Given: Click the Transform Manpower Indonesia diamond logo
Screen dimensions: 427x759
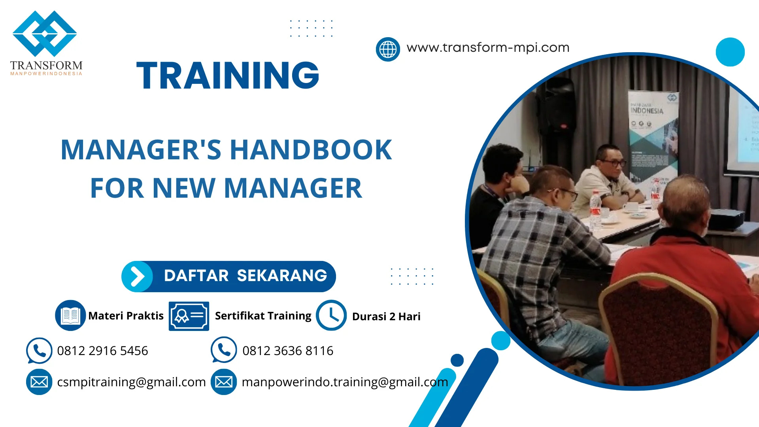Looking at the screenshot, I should [45, 34].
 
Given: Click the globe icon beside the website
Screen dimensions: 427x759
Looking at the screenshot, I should [387, 49].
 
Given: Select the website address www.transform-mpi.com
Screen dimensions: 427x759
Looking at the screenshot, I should [488, 48].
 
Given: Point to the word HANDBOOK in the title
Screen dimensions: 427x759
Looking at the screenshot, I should [311, 150].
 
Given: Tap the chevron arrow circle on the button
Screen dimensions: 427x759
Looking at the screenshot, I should [137, 276].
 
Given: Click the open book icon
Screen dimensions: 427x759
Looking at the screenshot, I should [70, 316].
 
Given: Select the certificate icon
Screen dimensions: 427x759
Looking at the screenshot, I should [189, 316].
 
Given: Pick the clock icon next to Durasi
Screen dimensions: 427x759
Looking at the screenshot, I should [331, 316].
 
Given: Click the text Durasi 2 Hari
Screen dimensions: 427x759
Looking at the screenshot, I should [386, 317].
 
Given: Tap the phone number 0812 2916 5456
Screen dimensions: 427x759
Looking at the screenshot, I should [102, 351].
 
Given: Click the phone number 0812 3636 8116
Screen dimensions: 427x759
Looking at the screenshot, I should [288, 351].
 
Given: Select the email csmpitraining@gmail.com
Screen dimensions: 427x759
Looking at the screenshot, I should [131, 382].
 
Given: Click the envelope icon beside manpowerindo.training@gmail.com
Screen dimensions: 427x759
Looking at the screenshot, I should [224, 382].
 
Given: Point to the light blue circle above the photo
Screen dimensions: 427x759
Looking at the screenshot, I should [730, 52].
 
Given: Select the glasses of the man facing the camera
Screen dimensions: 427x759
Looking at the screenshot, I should [612, 162].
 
